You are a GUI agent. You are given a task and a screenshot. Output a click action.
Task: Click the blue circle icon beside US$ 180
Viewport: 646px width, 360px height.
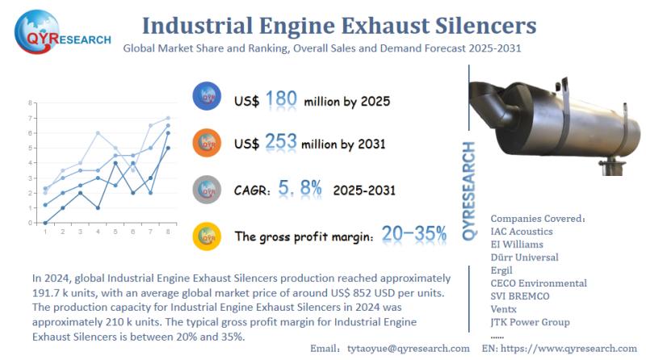coord(208,98)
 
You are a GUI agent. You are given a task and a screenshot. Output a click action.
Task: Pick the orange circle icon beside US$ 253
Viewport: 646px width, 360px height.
coord(208,143)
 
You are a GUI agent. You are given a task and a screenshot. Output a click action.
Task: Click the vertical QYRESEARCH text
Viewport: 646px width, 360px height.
coord(470,190)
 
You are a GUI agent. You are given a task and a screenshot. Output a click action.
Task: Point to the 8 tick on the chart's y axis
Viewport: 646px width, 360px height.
coord(30,103)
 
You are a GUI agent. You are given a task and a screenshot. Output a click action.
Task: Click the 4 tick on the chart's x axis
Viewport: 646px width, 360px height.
coord(98,232)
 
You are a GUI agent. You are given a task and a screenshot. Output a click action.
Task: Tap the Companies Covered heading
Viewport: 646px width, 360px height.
coord(537,218)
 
